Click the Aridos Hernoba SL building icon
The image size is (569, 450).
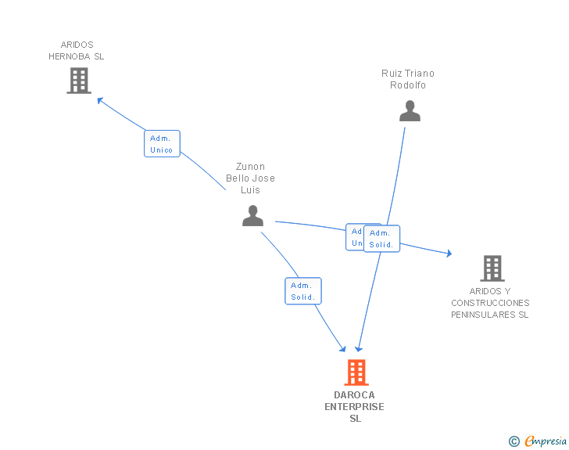tap(79, 81)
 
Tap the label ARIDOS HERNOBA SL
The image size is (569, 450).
tap(77, 51)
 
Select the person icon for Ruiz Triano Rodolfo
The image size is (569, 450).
tap(410, 111)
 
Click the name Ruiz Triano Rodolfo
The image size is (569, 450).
tap(408, 79)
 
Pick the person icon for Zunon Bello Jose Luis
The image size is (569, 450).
tap(252, 215)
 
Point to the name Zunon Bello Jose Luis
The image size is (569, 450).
tap(251, 178)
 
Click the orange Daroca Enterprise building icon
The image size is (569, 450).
tap(356, 373)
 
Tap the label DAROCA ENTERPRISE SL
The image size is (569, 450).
tap(355, 407)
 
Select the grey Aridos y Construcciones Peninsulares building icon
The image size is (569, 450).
tap(492, 268)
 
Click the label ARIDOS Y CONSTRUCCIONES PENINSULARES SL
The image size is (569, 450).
tap(490, 303)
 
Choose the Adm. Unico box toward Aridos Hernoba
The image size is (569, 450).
tap(162, 144)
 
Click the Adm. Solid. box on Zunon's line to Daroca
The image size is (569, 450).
tap(303, 291)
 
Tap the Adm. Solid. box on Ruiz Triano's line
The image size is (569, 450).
tap(381, 239)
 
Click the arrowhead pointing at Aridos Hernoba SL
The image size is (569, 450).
tap(99, 99)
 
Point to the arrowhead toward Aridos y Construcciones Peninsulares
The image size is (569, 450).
tap(448, 254)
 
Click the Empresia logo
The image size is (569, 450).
tap(546, 441)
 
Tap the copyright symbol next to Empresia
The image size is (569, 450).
tap(514, 441)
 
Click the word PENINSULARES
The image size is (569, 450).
tap(490, 315)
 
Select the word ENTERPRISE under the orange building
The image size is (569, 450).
tap(355, 407)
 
